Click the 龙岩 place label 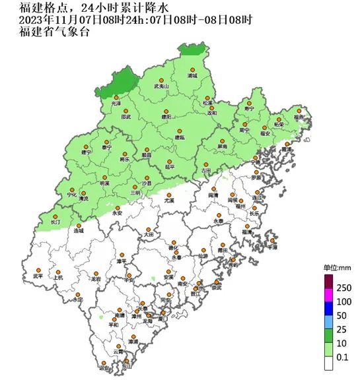coord(96,280)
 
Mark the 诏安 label coord(102,368)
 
